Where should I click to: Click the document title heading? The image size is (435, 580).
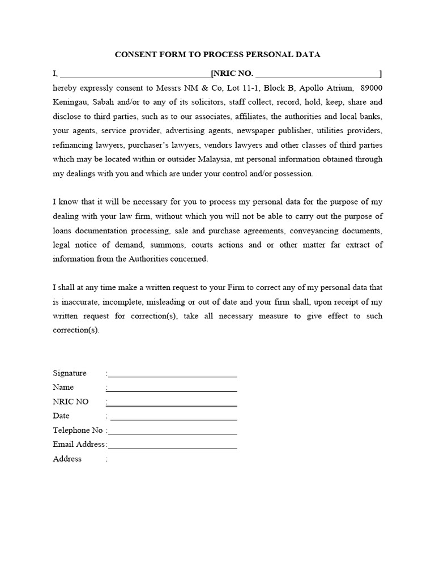(217, 55)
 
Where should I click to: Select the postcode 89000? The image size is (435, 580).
(371, 88)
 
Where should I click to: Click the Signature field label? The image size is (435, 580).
(70, 373)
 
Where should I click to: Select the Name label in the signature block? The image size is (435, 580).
(63, 387)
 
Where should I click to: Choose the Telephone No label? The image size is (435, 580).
(78, 430)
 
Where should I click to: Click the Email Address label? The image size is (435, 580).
(79, 445)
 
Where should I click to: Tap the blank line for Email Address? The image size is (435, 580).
(172, 447)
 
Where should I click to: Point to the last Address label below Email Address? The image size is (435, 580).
(67, 459)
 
